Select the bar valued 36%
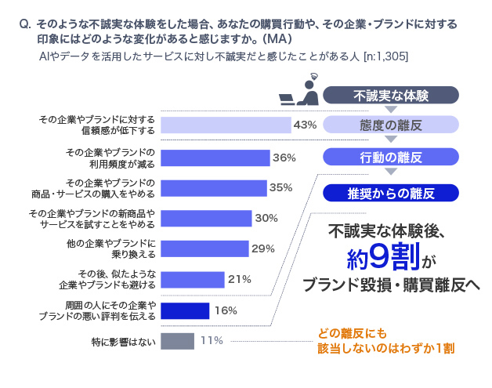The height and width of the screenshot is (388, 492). click(x=215, y=158)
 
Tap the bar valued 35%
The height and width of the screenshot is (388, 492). click(x=213, y=188)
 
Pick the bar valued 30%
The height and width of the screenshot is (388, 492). click(x=206, y=218)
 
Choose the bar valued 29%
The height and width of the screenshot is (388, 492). click(x=204, y=249)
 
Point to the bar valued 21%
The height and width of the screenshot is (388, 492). click(x=193, y=279)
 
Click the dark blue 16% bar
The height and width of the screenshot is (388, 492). click(x=185, y=310)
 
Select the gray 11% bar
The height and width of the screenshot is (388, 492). click(x=177, y=341)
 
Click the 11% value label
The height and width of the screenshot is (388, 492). click(x=212, y=341)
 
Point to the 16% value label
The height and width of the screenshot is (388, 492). click(x=226, y=310)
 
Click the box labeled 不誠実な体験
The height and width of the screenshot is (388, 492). click(x=390, y=96)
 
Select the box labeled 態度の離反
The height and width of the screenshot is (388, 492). click(x=390, y=125)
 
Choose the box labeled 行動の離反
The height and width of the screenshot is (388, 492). click(x=390, y=158)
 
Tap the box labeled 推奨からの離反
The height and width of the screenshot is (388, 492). click(x=390, y=192)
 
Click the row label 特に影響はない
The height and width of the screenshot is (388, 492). click(x=123, y=342)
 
